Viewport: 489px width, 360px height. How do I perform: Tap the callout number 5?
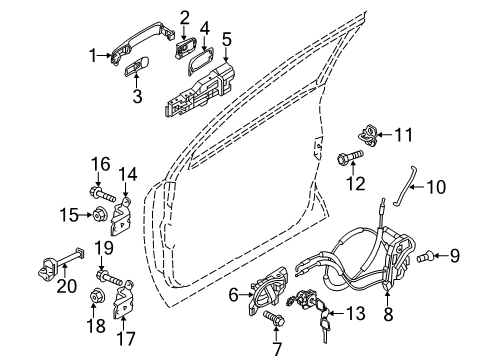click(x=227, y=37)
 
